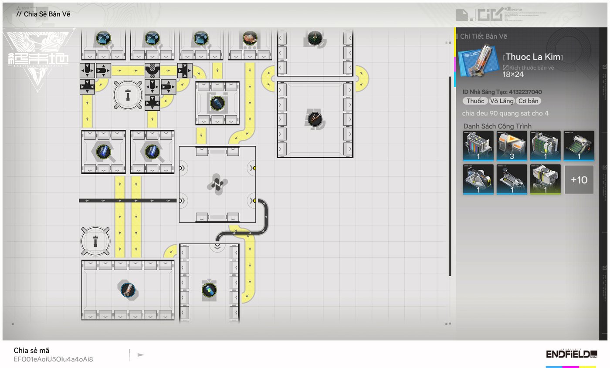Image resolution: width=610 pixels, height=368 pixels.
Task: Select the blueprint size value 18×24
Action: point(513,74)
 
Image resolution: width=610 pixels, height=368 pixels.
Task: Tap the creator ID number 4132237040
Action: point(525,92)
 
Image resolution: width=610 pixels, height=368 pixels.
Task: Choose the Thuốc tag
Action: point(475,101)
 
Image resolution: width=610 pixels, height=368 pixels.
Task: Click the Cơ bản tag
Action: point(529,101)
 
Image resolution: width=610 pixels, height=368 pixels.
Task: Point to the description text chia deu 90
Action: point(505,114)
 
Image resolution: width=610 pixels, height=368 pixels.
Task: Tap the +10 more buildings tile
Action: point(579,179)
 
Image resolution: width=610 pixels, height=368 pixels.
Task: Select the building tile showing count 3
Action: point(512,146)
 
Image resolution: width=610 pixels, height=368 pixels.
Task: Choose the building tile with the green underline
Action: point(545,179)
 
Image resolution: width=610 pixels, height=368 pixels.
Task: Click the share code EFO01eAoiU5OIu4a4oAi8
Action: point(53,359)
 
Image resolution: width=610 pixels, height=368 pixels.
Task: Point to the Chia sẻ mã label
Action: point(31,351)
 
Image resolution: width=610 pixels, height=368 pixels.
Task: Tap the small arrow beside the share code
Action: point(140,355)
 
